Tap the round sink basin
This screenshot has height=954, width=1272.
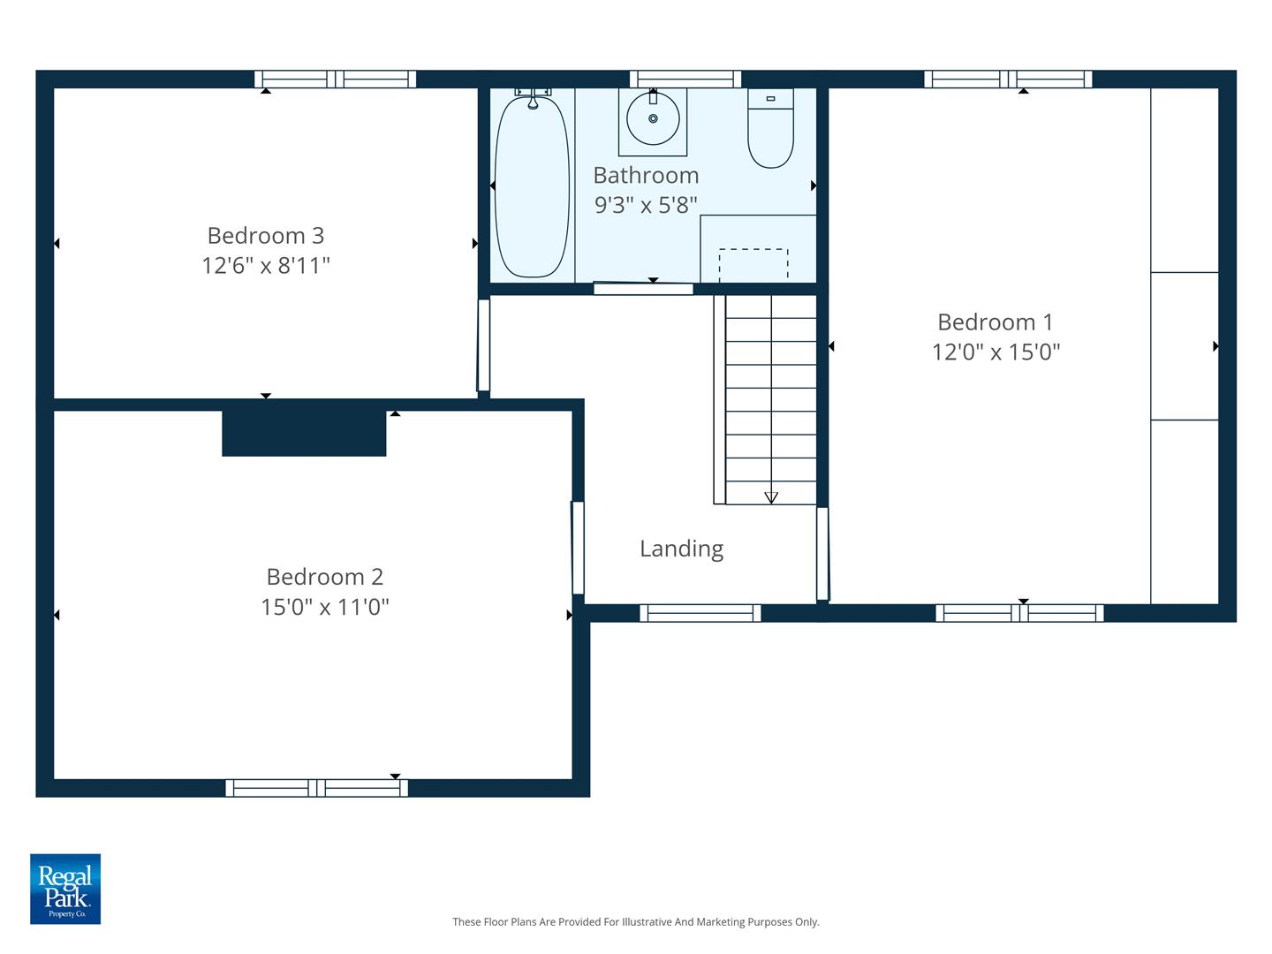pos(653,118)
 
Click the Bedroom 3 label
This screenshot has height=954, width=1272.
pos(265,236)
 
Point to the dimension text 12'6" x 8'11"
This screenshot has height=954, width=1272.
pos(265,266)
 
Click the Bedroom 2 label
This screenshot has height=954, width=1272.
pos(324,577)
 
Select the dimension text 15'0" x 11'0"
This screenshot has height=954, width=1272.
pos(324,608)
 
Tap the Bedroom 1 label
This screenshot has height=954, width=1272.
pos(995,322)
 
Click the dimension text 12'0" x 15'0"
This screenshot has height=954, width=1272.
pos(995,352)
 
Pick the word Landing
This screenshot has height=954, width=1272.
pos(681,549)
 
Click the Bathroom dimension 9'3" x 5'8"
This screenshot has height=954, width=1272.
pos(646,206)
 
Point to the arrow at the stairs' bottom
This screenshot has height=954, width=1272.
pos(771,497)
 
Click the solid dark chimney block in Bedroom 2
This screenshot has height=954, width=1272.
pos(304,433)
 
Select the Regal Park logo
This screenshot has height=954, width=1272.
pos(65,889)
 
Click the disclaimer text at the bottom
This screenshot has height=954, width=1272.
pos(636,922)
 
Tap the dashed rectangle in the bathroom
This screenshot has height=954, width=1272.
pos(753,263)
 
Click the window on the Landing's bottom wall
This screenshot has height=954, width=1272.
pos(700,613)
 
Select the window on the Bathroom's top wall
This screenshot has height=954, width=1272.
pos(685,79)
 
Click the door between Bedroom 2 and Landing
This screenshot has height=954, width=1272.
pos(578,548)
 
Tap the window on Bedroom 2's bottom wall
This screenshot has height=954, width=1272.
pos(316,788)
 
